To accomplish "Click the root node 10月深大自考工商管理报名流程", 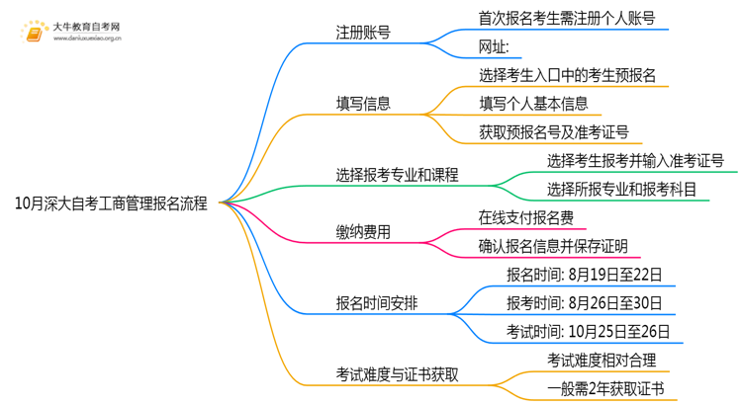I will coord(111,204).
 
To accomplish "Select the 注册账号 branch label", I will coord(362,33).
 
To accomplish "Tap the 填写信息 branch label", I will coord(362,103).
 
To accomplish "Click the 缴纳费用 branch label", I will coord(362,232).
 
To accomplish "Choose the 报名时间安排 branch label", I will coord(376,303).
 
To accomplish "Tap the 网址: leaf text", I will coord(494,46).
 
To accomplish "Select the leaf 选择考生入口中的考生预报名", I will coord(567,75).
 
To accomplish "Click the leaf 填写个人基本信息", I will coord(533,103).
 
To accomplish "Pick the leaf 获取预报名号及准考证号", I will coord(553,131).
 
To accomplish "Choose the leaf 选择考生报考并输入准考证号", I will coord(634,160).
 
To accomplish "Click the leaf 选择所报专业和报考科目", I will coord(621,189).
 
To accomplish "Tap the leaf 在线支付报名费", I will coord(526,217).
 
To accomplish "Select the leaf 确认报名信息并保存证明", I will coord(553,246).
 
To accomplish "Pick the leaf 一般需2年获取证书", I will coord(606,388).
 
